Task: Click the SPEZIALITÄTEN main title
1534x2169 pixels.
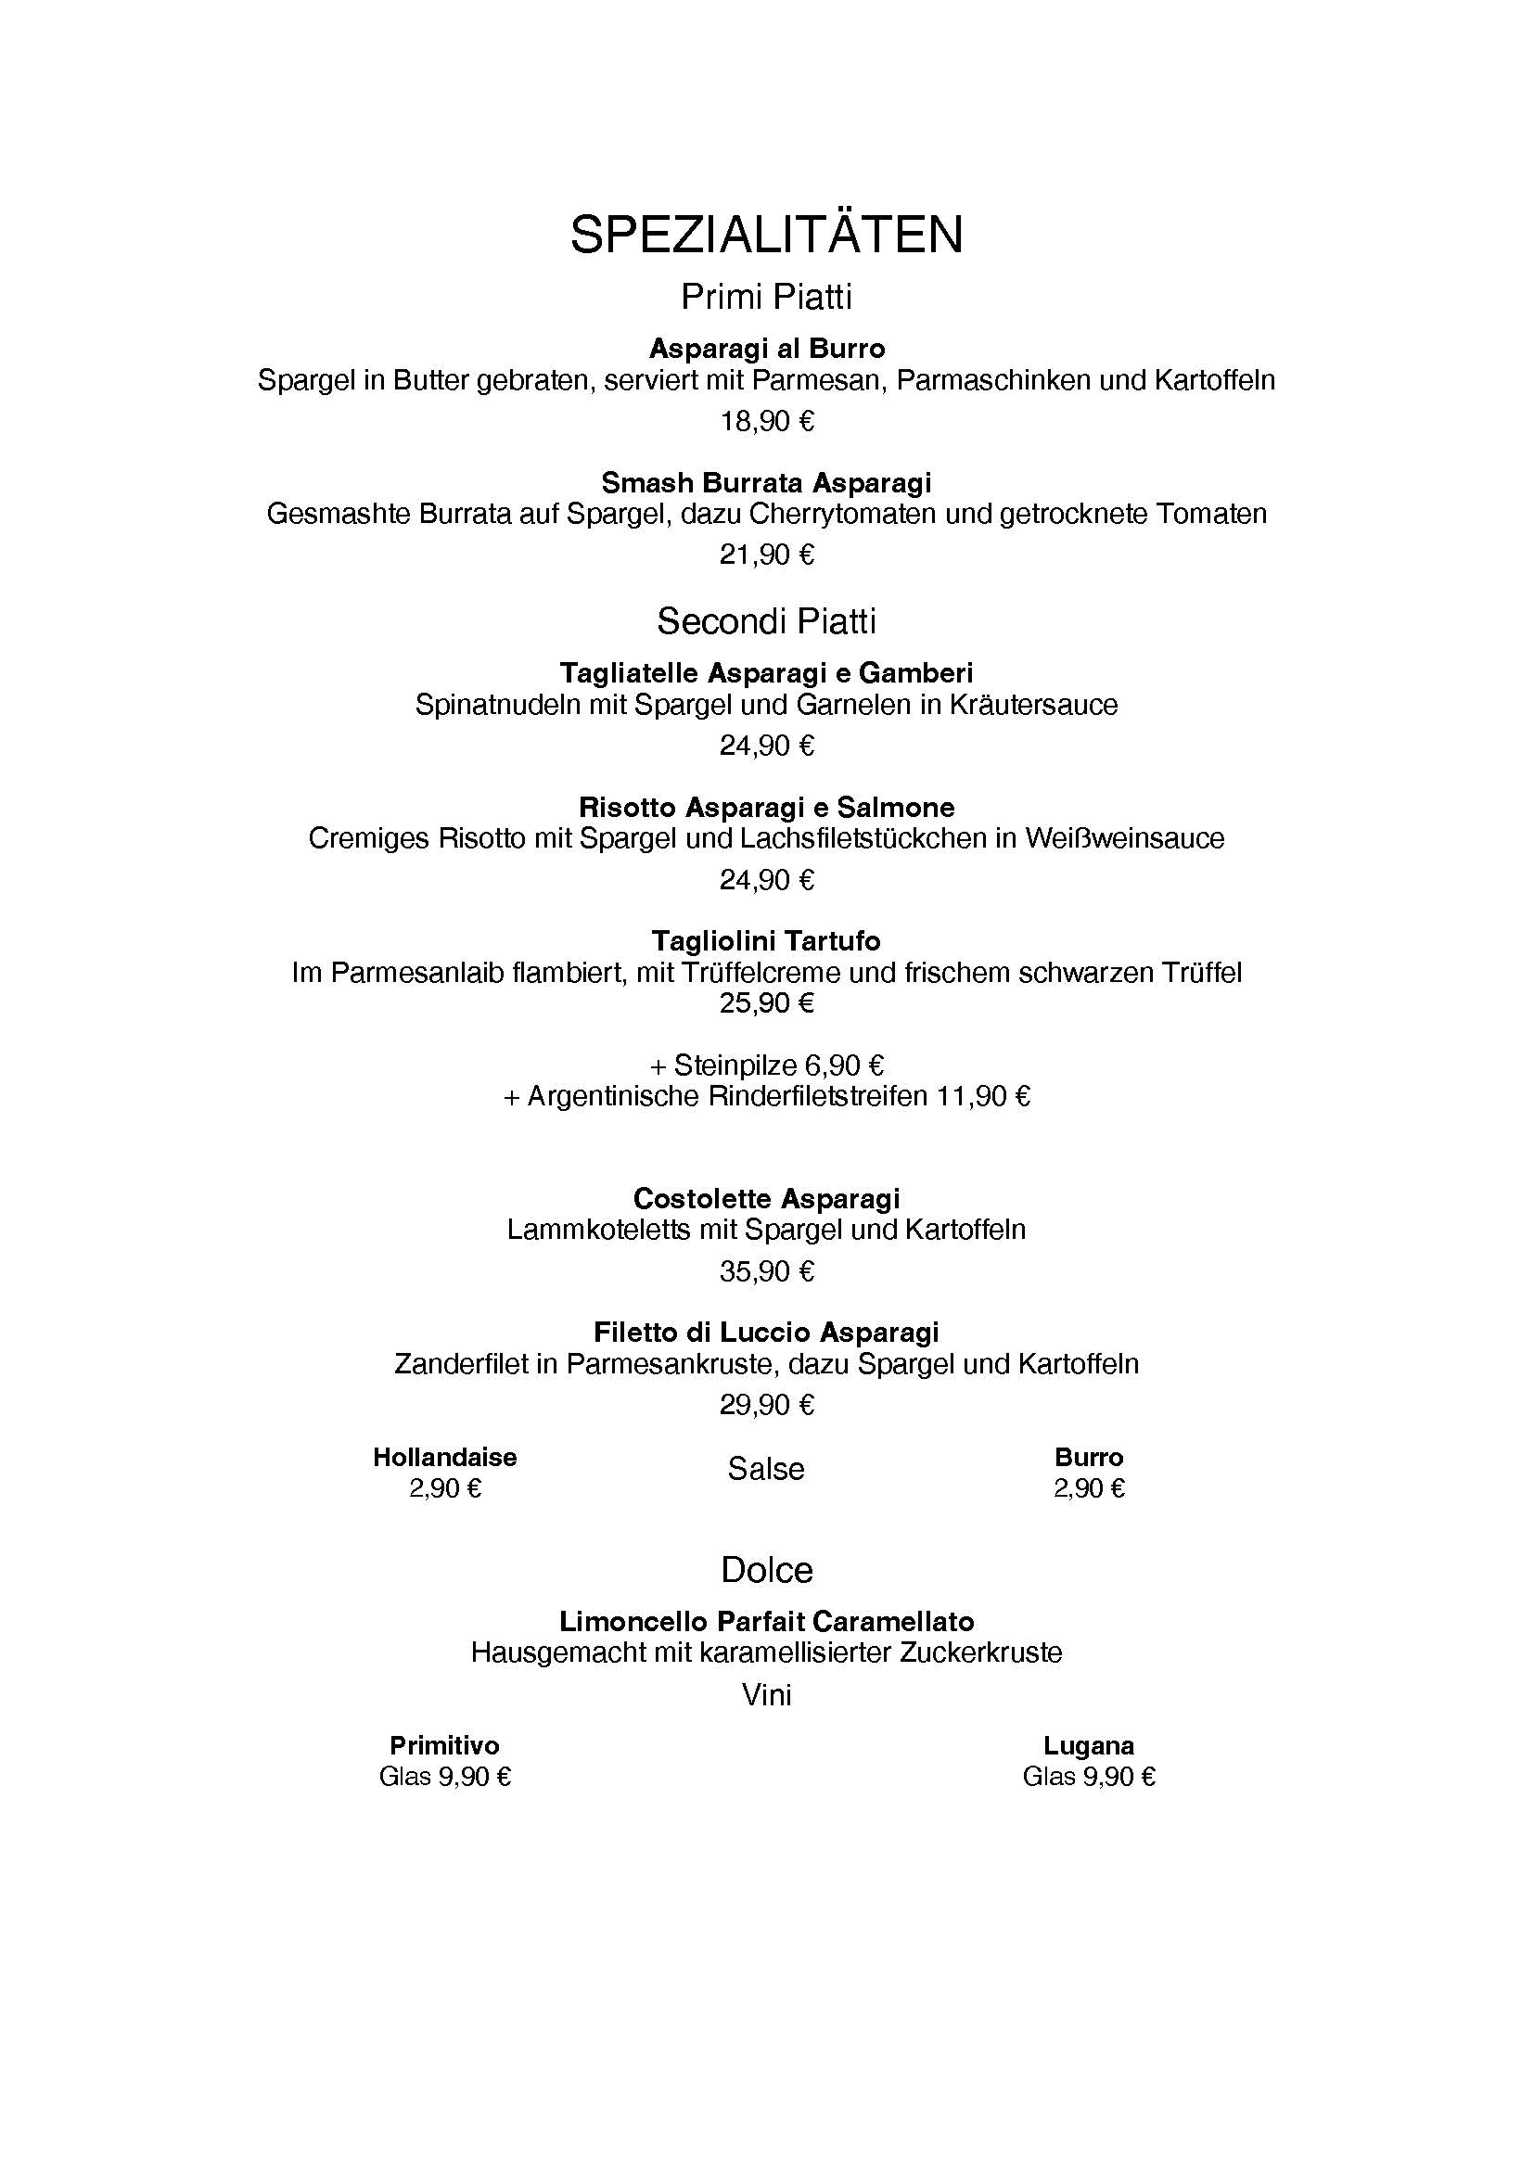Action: tap(766, 235)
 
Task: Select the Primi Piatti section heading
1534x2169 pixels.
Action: tap(766, 297)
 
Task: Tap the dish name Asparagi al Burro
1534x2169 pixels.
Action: tap(766, 349)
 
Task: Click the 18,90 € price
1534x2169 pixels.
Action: tap(766, 420)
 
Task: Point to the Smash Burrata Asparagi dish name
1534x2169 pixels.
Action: tap(766, 483)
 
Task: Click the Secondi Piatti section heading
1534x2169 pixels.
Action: tap(766, 620)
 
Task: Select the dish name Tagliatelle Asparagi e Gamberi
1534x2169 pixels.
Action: tap(766, 672)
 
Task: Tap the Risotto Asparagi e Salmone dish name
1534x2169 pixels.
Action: tap(766, 807)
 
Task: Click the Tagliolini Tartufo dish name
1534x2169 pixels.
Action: tap(766, 941)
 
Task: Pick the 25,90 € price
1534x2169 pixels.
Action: tap(766, 1002)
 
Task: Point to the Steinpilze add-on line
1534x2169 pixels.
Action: tap(766, 1065)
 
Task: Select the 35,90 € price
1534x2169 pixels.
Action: tap(766, 1270)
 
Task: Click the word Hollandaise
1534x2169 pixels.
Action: tap(445, 1457)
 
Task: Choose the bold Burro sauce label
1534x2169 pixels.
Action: tap(1089, 1457)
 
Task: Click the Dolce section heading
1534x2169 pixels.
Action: tap(766, 1570)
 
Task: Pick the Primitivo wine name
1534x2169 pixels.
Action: tap(444, 1745)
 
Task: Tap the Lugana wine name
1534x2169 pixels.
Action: tap(1089, 1745)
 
